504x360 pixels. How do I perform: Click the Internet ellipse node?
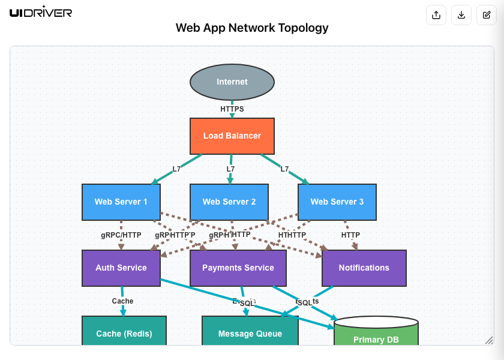(232, 82)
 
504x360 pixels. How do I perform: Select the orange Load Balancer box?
(232, 136)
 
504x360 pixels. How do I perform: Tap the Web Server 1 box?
(121, 202)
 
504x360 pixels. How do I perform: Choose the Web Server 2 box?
(229, 202)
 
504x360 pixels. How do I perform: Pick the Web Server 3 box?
(337, 202)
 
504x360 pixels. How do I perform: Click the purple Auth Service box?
(121, 268)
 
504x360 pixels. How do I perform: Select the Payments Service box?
(238, 268)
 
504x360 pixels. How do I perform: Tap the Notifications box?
(364, 268)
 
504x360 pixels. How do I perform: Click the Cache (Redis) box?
(124, 332)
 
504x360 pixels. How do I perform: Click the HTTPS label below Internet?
(232, 109)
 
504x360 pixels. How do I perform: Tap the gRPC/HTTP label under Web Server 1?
(121, 235)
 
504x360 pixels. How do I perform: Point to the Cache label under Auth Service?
(123, 301)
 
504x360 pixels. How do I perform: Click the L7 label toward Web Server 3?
(285, 169)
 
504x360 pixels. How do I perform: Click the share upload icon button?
(436, 15)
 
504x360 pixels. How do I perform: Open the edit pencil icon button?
(487, 15)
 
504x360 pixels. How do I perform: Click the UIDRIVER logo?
(41, 13)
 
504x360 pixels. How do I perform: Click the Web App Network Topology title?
(252, 28)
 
